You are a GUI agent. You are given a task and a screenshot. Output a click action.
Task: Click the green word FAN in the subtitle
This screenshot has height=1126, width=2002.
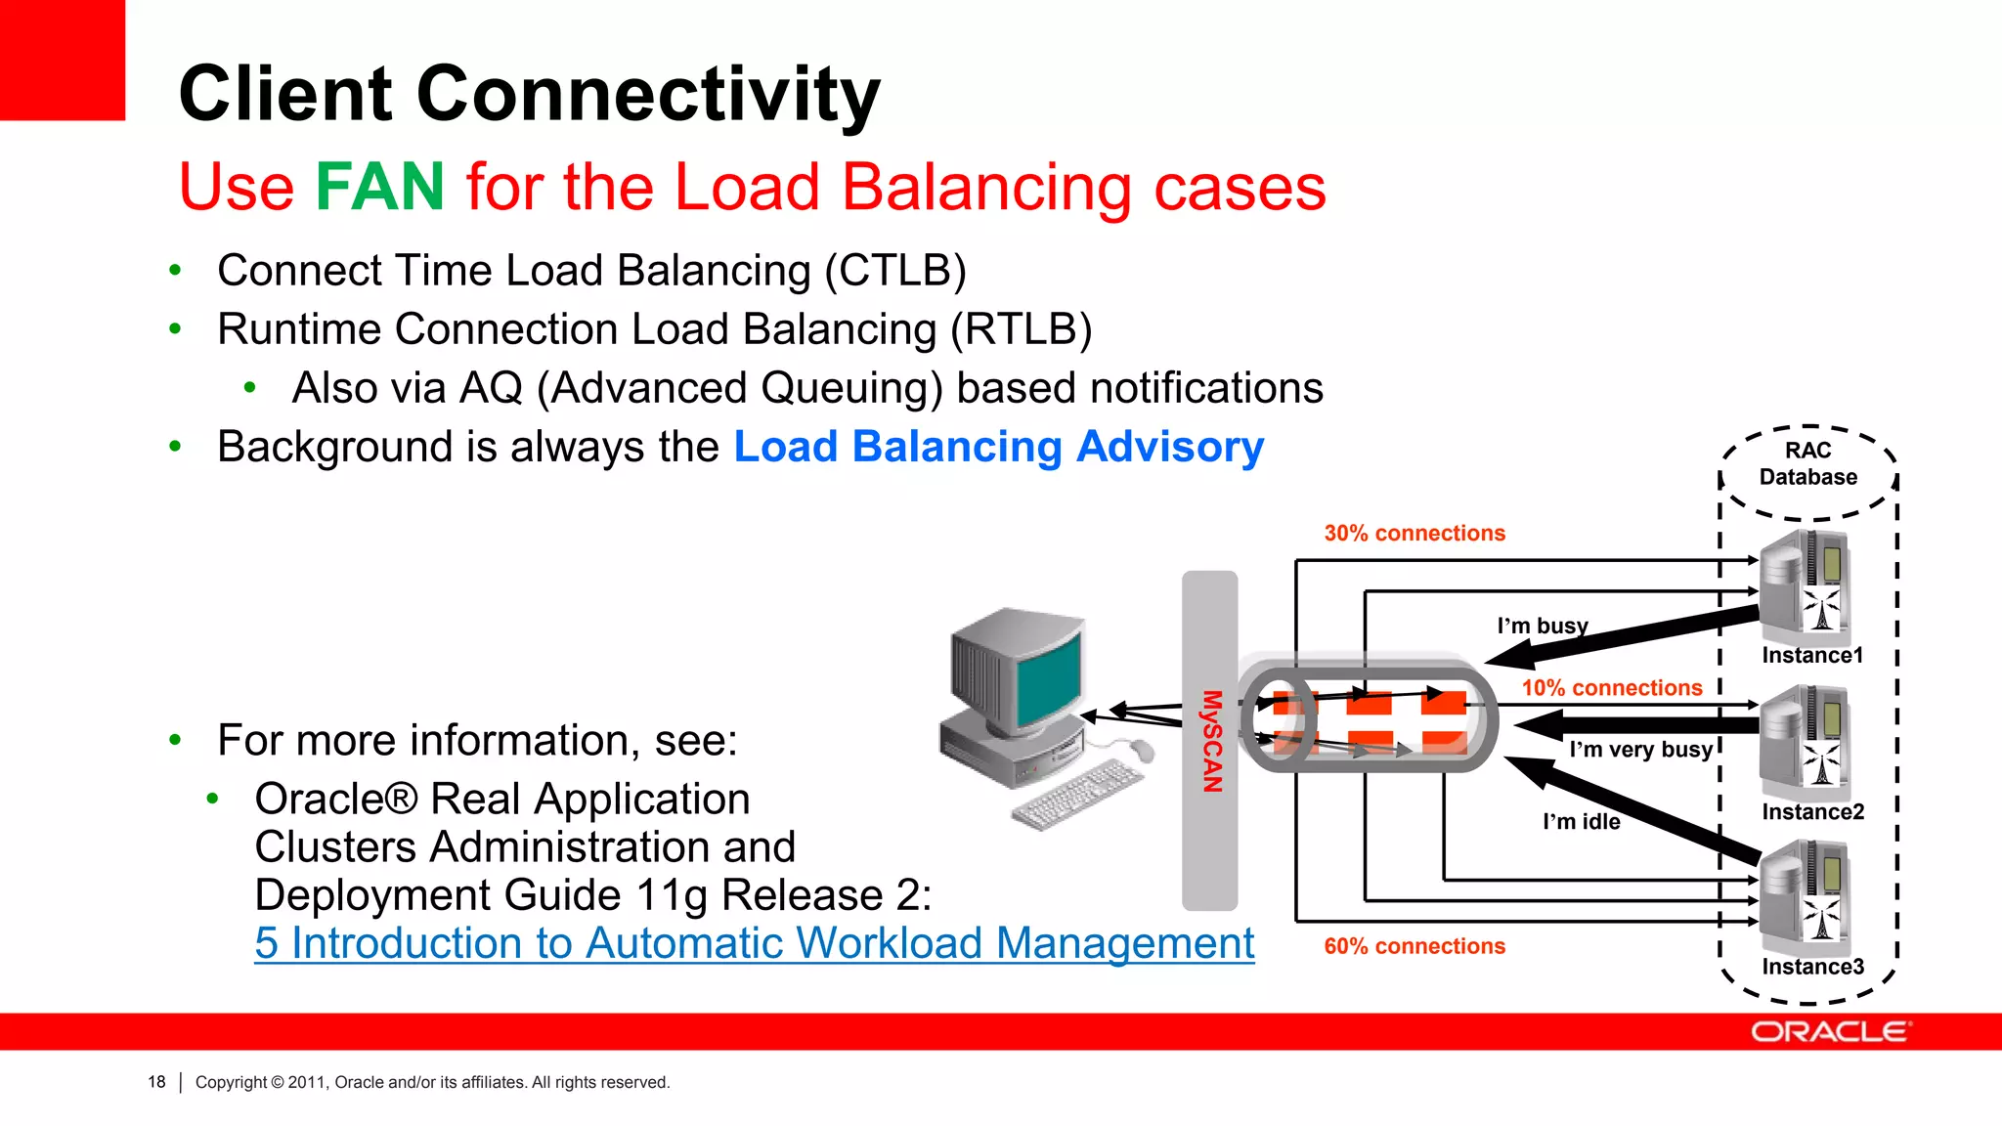(379, 187)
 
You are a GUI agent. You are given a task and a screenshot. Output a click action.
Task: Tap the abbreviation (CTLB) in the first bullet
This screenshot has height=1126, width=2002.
(894, 271)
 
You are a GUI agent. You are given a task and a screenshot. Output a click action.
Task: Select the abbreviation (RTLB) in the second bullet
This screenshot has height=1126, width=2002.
(1021, 329)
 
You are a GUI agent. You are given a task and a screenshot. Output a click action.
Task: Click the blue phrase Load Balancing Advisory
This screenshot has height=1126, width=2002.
(998, 447)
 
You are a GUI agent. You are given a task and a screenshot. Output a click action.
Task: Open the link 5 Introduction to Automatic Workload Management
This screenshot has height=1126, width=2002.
(754, 943)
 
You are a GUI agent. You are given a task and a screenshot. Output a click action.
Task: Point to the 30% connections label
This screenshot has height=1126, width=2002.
(1414, 534)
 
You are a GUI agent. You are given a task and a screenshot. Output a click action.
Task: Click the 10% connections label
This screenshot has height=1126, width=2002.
(1611, 688)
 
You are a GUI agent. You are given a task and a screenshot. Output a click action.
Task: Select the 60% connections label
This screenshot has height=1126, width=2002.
(1414, 946)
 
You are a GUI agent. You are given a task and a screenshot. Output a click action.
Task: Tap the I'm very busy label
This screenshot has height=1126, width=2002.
(1640, 750)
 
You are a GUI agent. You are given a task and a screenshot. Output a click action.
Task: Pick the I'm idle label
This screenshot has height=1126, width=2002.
(1581, 822)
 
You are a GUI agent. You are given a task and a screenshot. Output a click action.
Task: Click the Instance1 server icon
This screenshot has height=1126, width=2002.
(1805, 585)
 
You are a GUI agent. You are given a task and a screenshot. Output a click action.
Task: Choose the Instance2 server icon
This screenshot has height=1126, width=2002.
(1805, 741)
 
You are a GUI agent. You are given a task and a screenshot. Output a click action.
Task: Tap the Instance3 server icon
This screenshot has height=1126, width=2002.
(1805, 897)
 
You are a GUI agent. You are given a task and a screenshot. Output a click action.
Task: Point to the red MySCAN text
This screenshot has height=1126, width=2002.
(1211, 741)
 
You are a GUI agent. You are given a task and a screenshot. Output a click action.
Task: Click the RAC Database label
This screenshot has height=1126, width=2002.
(1807, 464)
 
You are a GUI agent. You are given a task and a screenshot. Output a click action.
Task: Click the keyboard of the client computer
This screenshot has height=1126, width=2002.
(1076, 794)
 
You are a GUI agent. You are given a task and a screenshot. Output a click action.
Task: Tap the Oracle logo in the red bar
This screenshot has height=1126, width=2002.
(1829, 1032)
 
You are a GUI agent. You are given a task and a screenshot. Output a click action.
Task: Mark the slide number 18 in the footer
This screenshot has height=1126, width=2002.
(156, 1082)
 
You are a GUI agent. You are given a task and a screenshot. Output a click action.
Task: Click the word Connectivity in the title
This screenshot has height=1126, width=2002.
(648, 94)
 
